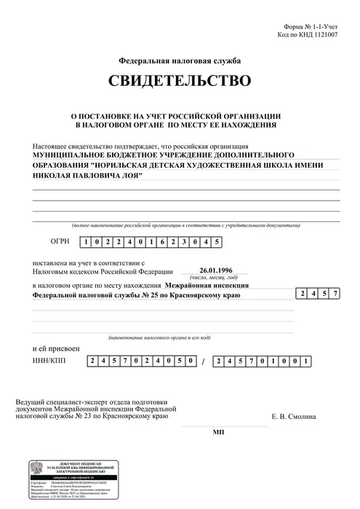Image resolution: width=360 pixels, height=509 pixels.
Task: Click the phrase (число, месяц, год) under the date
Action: (213, 278)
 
